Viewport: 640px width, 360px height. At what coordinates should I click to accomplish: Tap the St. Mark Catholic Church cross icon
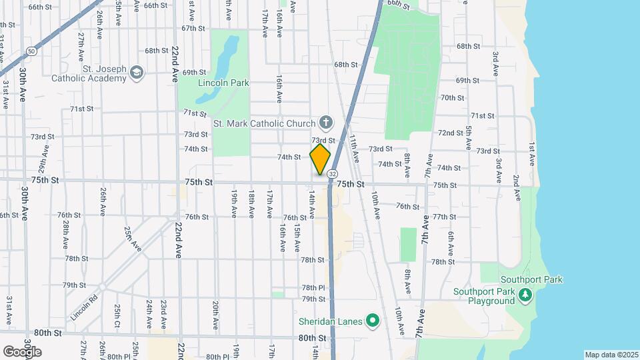tap(325, 122)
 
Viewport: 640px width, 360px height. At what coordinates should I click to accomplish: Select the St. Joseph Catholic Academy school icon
tap(137, 72)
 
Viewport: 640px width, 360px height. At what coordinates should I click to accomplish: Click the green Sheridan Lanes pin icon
tap(373, 322)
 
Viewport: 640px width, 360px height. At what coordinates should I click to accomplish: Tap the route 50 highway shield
tap(31, 51)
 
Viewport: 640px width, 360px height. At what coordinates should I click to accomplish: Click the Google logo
tap(22, 351)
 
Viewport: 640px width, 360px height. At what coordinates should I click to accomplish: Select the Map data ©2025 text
tap(611, 354)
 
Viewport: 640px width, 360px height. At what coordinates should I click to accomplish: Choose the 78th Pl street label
tap(312, 287)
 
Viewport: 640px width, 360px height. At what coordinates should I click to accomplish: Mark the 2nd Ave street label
tap(516, 187)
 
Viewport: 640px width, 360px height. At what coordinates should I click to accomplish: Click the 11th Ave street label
tap(355, 147)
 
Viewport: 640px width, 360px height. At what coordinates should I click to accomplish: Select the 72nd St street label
tap(451, 133)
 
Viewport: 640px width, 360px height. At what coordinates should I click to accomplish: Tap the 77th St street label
tap(444, 217)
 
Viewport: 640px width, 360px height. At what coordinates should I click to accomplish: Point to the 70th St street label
tap(452, 97)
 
